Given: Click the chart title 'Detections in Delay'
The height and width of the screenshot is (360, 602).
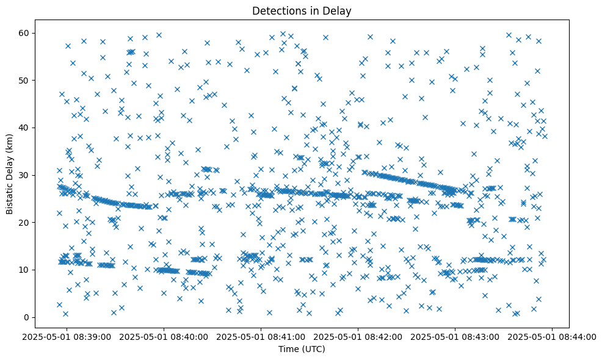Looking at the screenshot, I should (x=302, y=11).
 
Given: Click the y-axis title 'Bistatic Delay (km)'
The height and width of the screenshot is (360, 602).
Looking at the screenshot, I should (x=10, y=174).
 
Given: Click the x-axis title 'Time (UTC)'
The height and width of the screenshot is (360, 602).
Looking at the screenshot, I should (x=302, y=349).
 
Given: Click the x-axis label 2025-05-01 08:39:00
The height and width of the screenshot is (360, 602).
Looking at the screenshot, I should (x=67, y=336).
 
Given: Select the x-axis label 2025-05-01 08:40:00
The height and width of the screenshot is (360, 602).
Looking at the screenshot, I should (x=164, y=336).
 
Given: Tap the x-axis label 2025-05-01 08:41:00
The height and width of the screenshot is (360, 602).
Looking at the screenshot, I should (x=261, y=336).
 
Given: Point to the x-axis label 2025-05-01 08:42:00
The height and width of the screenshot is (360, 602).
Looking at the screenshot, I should (x=358, y=336).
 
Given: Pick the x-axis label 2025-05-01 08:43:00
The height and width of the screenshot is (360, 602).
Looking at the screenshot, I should (x=455, y=336).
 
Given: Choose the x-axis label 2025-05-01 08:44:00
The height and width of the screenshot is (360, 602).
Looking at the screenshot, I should (x=553, y=336).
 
